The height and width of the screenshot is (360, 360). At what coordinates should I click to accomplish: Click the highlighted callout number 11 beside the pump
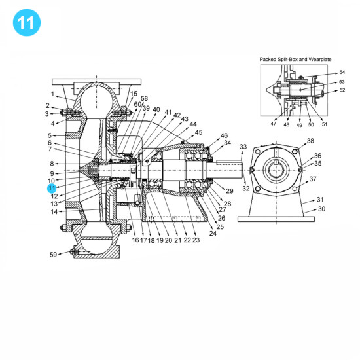click(x=51, y=188)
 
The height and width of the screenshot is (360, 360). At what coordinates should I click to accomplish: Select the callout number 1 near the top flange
click(x=54, y=94)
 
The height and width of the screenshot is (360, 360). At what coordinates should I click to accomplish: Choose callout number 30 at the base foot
click(x=321, y=209)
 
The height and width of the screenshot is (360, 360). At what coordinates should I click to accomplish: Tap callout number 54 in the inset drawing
click(x=342, y=73)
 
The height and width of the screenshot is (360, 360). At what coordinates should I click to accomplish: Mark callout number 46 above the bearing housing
click(x=224, y=135)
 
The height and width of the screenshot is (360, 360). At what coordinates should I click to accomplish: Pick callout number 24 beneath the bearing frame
click(x=213, y=234)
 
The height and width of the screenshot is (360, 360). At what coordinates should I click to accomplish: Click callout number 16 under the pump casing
click(x=135, y=240)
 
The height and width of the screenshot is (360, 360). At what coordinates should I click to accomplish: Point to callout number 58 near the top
click(x=144, y=98)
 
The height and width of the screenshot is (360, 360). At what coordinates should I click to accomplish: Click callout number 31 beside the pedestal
click(x=320, y=200)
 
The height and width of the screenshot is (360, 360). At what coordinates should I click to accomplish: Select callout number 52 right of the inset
click(x=342, y=91)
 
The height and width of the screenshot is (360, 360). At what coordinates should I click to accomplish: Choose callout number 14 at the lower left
click(x=54, y=211)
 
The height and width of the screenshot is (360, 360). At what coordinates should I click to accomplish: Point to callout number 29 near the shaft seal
click(x=229, y=190)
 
